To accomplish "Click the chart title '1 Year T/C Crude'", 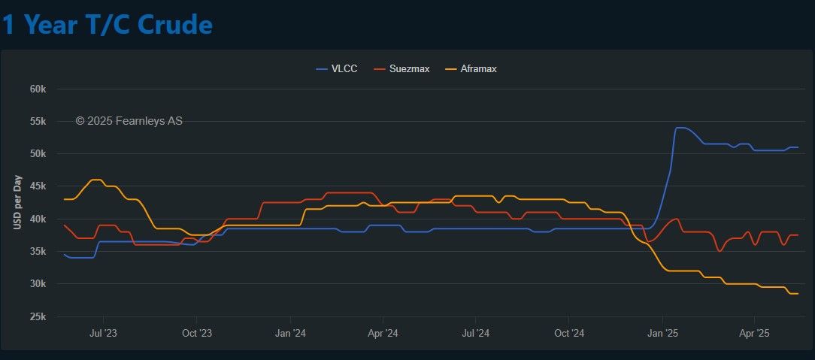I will pyautogui.click(x=107, y=25).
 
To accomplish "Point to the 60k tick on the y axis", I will pyautogui.click(x=38, y=89).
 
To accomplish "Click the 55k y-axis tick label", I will pyautogui.click(x=38, y=121).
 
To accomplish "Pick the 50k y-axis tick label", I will pyautogui.click(x=38, y=154).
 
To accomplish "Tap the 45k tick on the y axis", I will pyautogui.click(x=38, y=186).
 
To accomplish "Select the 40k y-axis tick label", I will pyautogui.click(x=38, y=219).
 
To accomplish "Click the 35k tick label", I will pyautogui.click(x=38, y=252).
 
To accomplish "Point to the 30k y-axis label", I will pyautogui.click(x=38, y=284).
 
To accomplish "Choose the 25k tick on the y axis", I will pyautogui.click(x=38, y=316).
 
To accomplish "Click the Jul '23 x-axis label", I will pyautogui.click(x=103, y=332).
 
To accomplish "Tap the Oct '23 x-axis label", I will pyautogui.click(x=197, y=332).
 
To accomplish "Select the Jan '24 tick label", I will pyautogui.click(x=290, y=332).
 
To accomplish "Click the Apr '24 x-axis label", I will pyautogui.click(x=383, y=332).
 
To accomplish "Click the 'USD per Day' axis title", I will pyautogui.click(x=17, y=202).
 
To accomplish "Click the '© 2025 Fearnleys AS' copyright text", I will pyautogui.click(x=129, y=120).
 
